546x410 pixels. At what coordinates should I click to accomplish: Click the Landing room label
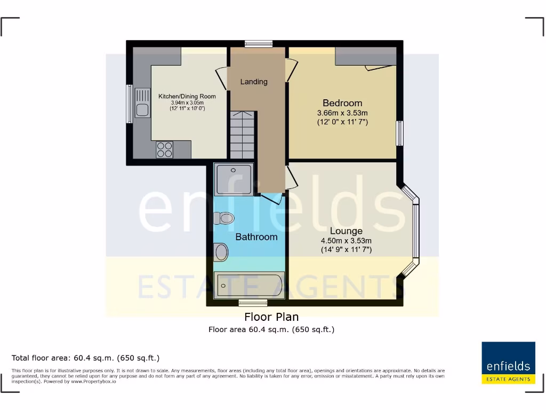254,82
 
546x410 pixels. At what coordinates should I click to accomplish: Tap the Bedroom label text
342,103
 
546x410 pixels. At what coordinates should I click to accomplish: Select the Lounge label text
346,231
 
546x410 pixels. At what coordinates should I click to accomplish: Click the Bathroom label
256,236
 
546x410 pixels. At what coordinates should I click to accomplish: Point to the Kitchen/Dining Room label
187,97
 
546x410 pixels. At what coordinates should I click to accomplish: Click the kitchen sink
142,104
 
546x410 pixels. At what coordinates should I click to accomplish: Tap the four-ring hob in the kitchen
164,149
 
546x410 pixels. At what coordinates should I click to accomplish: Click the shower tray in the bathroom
234,179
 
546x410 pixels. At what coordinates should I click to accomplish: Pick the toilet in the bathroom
224,218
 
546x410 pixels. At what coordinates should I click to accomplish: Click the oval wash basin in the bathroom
221,251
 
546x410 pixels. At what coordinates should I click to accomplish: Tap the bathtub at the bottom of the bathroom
249,285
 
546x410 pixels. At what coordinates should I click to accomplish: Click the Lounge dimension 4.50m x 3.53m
346,241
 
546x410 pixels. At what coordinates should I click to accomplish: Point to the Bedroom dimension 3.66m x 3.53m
342,113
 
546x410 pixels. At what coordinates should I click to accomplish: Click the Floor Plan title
271,317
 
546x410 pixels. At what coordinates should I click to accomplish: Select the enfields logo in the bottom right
508,363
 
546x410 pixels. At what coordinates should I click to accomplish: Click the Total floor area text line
86,358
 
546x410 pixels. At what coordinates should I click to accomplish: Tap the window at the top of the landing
259,44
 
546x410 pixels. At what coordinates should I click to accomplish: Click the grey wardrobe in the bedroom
366,56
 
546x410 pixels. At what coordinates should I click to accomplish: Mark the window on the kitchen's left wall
129,104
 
